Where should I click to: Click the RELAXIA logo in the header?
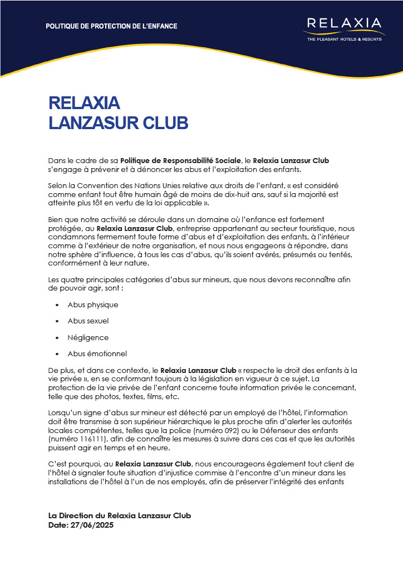coord(344,24)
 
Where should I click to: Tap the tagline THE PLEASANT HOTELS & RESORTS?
coord(344,39)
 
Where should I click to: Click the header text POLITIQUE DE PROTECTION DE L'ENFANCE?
coord(111,26)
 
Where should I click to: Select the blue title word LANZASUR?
coord(95,122)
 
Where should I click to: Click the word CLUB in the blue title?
coord(166,122)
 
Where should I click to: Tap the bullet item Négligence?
coord(88,337)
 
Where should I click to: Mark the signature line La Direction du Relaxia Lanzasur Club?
coord(120,516)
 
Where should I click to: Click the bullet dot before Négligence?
coord(57,338)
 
